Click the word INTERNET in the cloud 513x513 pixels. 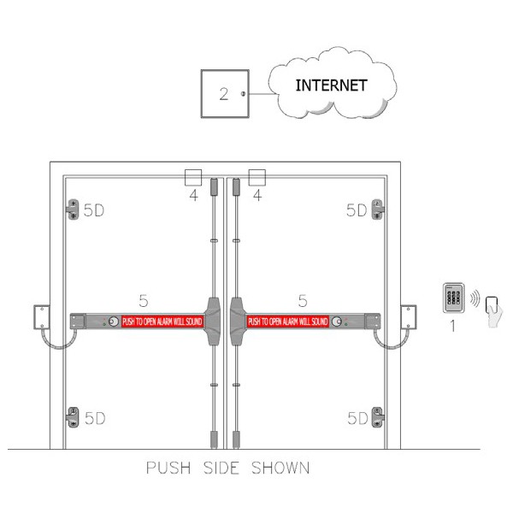tap(331, 85)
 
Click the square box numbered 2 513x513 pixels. tap(223, 93)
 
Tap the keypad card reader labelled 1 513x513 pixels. tap(454, 300)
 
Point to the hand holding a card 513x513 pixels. tap(493, 309)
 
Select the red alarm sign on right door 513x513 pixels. tap(288, 321)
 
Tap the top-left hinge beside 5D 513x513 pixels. tap(72, 209)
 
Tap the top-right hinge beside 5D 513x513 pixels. tap(378, 209)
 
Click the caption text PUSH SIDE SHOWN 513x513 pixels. tap(227, 468)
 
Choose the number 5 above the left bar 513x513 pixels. tap(144, 299)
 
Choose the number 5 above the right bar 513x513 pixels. tap(302, 299)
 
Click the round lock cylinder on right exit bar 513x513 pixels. tap(339, 322)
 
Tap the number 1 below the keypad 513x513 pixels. tap(452, 327)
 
